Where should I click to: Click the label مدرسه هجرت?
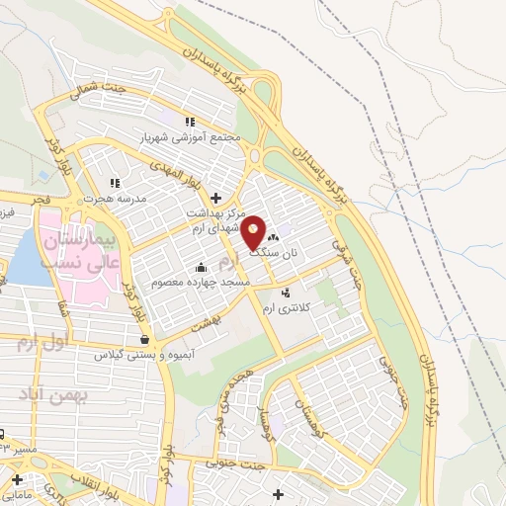click(114, 198)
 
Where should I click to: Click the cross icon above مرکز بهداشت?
click(215, 198)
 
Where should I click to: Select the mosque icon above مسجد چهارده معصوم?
click(202, 267)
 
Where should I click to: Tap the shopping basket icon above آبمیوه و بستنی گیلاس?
click(145, 339)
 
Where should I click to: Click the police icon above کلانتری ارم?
click(286, 293)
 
